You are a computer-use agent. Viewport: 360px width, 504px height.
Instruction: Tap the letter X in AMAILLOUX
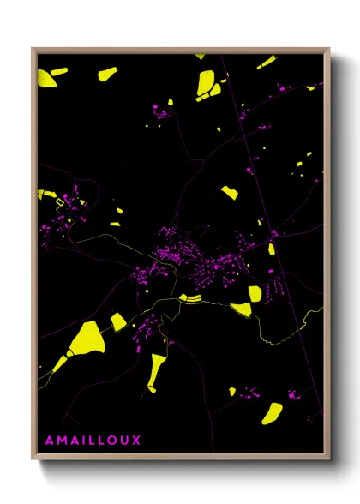tap(135, 441)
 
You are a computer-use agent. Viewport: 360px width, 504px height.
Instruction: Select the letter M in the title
tap(62, 441)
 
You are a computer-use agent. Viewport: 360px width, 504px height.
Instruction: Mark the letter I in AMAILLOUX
tap(82, 441)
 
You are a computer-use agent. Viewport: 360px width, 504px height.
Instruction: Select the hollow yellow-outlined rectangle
tap(59, 203)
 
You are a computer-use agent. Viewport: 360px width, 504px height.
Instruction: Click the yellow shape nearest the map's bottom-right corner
tap(273, 411)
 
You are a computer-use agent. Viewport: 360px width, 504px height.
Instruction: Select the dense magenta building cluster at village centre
tap(171, 251)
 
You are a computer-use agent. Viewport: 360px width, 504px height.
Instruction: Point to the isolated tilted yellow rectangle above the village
tap(229, 193)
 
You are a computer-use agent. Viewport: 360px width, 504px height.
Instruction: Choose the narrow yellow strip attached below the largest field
tap(57, 363)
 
